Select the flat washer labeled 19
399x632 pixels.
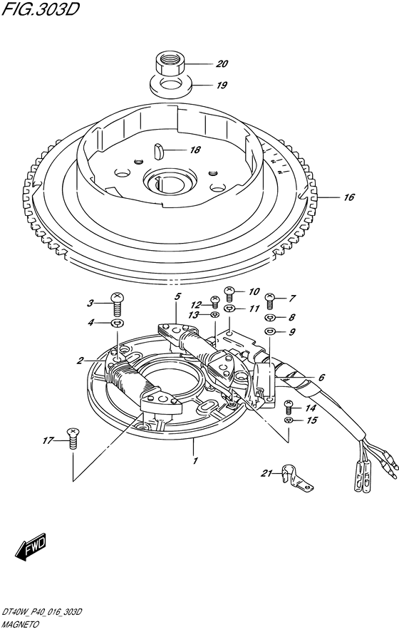pyautogui.click(x=170, y=86)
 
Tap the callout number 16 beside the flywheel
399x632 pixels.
pyautogui.click(x=349, y=197)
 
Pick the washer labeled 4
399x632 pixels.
pyautogui.click(x=118, y=323)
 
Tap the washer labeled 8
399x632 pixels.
pyautogui.click(x=269, y=318)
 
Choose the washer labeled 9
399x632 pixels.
pyautogui.click(x=269, y=331)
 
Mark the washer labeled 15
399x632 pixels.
pyautogui.click(x=288, y=420)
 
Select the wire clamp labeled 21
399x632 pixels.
pyautogui.click(x=296, y=478)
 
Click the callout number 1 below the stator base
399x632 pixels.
pyautogui.click(x=195, y=460)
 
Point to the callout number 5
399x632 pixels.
pyautogui.click(x=177, y=297)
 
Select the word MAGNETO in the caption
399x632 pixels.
pyautogui.click(x=20, y=625)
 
